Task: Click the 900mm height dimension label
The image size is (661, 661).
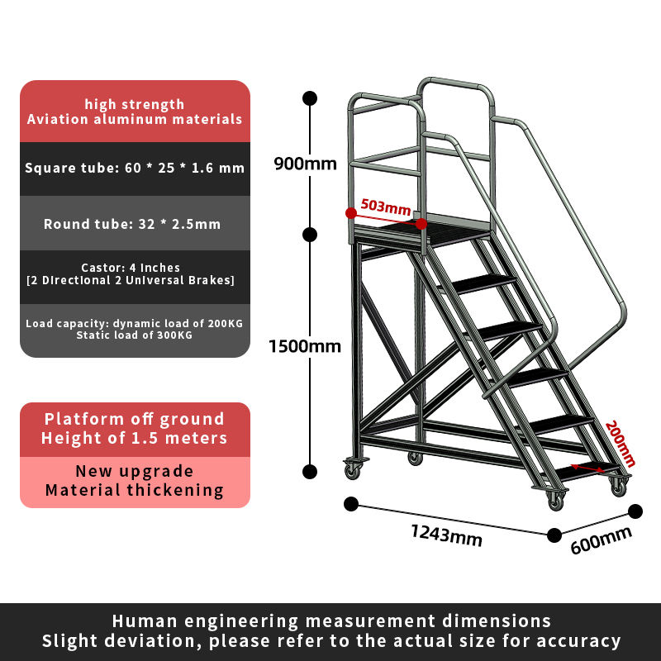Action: click(x=305, y=163)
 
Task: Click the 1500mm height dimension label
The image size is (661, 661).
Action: click(x=305, y=346)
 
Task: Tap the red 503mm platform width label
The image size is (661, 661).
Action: click(x=386, y=207)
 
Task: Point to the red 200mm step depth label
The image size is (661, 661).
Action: click(x=620, y=444)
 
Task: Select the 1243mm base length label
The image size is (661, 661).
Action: click(x=446, y=535)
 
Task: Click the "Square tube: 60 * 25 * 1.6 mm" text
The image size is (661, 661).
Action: click(x=135, y=169)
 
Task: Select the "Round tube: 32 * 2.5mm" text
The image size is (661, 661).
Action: click(x=132, y=224)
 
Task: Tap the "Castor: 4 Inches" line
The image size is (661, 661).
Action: click(x=131, y=268)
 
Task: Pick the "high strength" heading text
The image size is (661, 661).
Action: click(x=135, y=104)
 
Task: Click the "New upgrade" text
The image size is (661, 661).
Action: click(x=135, y=472)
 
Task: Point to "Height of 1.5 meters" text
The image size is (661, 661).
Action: click(x=135, y=438)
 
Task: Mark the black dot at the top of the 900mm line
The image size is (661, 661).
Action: click(x=310, y=97)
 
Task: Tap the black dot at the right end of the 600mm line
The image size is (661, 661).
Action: click(x=635, y=511)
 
